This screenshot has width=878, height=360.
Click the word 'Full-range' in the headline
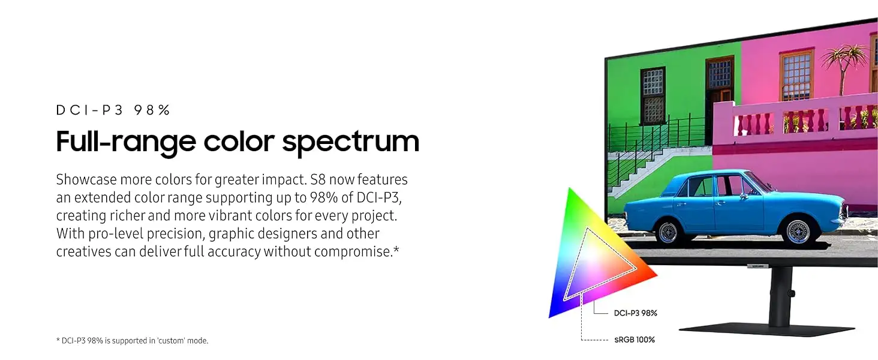pyautogui.click(x=126, y=141)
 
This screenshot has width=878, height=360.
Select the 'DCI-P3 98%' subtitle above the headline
pyautogui.click(x=113, y=110)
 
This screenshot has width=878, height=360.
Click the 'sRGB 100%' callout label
pyautogui.click(x=635, y=340)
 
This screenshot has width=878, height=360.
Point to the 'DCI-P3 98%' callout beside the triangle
pyautogui.click(x=635, y=313)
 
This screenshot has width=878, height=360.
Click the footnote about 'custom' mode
pyautogui.click(x=132, y=341)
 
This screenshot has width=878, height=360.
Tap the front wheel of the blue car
pyautogui.click(x=797, y=232)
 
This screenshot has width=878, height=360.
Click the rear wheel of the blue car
pyautogui.click(x=667, y=232)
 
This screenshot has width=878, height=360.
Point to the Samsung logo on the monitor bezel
pyautogui.click(x=757, y=266)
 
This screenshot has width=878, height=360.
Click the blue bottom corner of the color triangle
pyautogui.click(x=550, y=316)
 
